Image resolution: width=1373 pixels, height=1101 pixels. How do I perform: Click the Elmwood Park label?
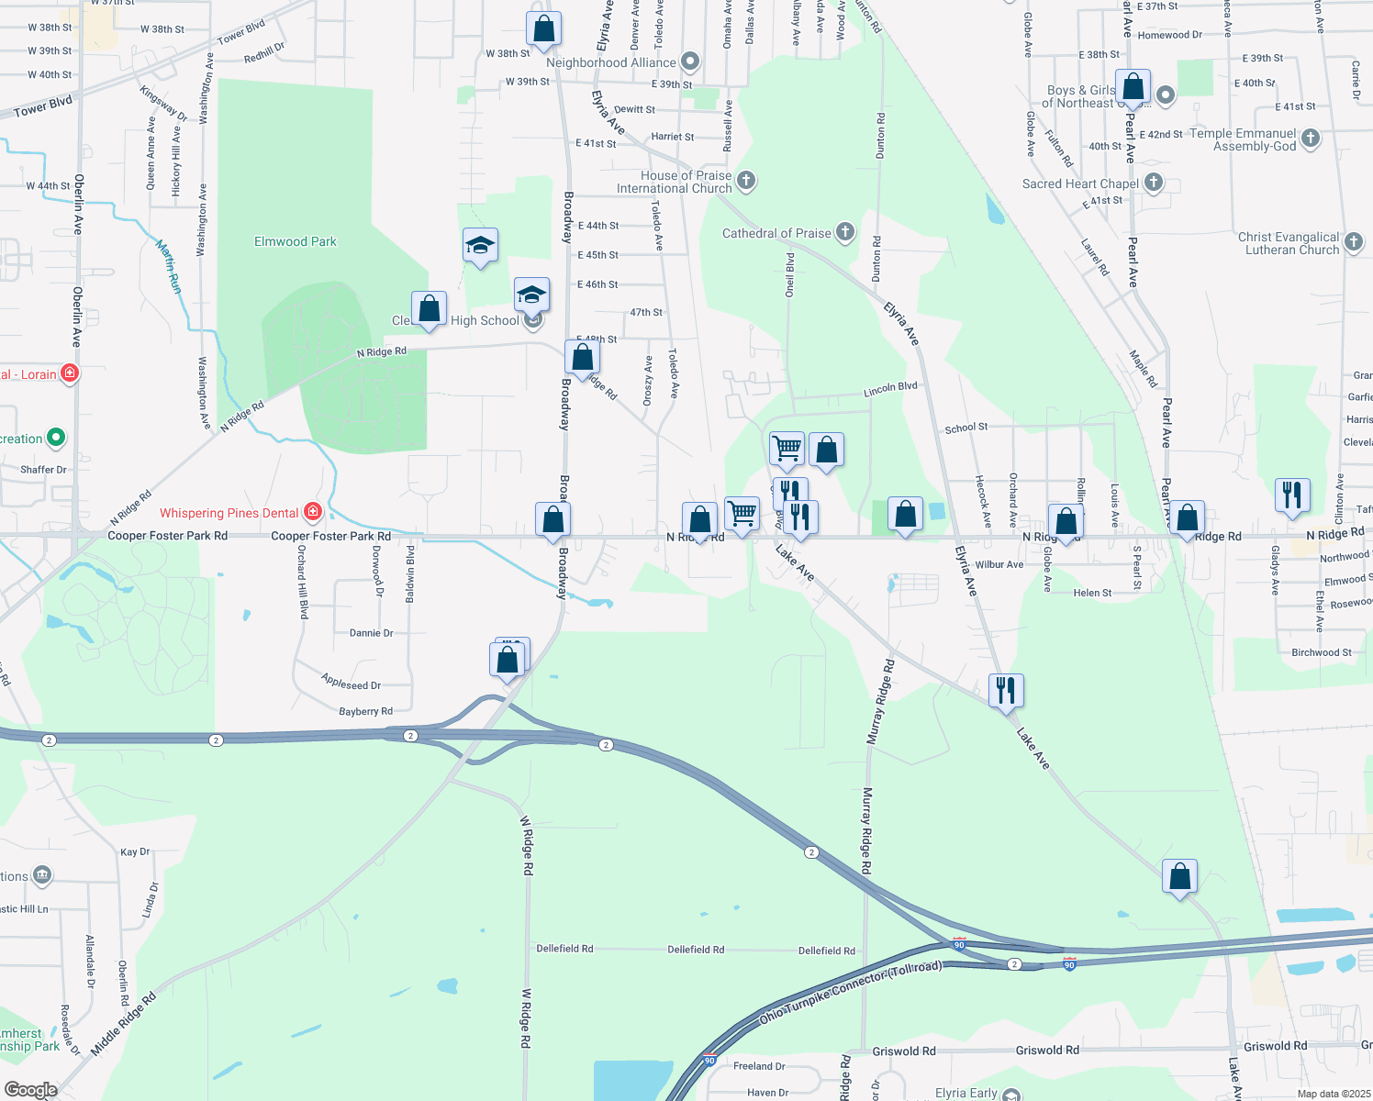tap(295, 241)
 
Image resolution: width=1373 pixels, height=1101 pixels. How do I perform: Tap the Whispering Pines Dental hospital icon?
tap(313, 512)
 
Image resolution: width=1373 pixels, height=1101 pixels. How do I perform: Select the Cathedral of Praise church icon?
tap(845, 232)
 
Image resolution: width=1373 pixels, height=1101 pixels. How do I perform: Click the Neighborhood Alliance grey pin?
tap(690, 62)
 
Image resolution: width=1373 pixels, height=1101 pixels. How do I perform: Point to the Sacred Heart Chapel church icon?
tap(1154, 183)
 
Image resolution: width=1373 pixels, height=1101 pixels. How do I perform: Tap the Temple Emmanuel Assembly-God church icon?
tap(1311, 139)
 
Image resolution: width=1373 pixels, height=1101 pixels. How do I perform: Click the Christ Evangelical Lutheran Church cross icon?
tap(1354, 242)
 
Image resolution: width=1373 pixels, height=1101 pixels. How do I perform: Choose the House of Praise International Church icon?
tap(746, 180)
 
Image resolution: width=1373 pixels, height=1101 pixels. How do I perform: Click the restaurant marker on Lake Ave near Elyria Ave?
tap(1006, 689)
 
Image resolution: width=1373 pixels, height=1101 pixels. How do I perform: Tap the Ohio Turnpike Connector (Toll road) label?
tap(850, 994)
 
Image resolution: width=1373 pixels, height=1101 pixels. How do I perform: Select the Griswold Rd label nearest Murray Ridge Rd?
tap(904, 1051)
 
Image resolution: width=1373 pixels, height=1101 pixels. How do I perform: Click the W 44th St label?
tap(48, 185)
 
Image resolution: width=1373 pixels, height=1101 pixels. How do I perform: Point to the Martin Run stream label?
tap(168, 266)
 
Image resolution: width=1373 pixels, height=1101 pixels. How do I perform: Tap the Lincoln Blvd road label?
tap(890, 389)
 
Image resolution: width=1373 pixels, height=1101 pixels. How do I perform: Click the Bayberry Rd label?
tap(365, 711)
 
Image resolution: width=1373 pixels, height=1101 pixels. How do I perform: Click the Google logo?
tap(30, 1090)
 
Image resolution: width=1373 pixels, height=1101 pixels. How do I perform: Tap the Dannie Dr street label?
tap(371, 632)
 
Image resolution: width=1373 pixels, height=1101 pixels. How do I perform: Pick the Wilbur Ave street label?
tap(999, 564)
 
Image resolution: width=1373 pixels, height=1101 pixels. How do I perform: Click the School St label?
tap(966, 428)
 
